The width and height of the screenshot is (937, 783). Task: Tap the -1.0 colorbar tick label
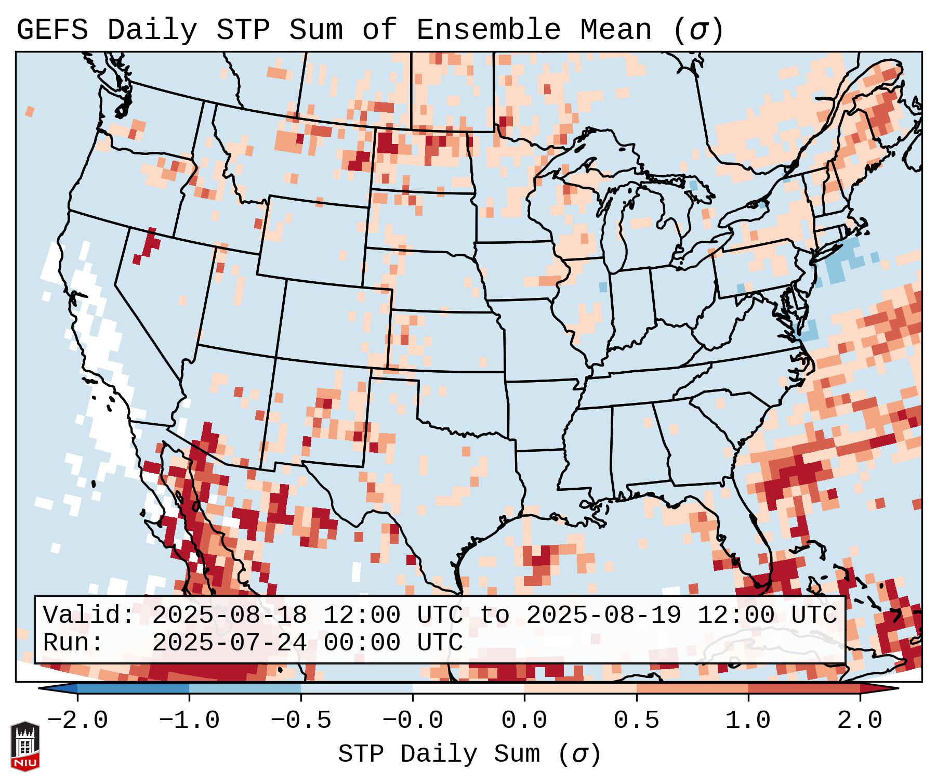coord(189,721)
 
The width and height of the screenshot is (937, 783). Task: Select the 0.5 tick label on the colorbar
coord(636,721)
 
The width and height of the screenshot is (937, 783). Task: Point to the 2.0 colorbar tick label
coord(860,721)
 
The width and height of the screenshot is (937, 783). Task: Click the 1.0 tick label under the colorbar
coord(748,721)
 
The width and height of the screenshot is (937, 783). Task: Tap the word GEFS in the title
coord(52,30)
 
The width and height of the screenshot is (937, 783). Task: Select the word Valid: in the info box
coord(89,615)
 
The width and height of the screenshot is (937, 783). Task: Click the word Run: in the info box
coord(73,643)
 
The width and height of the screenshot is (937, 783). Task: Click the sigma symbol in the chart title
coord(698,30)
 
